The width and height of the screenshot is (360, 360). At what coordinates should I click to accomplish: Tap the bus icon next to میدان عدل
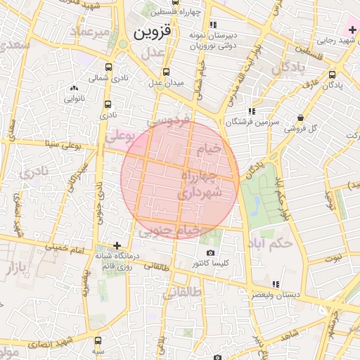[166, 72]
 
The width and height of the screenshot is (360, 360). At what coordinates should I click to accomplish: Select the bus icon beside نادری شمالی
[107, 78]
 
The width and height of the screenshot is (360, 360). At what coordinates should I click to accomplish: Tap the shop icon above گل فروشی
[301, 118]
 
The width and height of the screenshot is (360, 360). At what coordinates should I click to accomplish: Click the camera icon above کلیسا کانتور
[210, 253]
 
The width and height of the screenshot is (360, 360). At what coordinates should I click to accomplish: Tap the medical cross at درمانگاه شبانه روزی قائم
[117, 245]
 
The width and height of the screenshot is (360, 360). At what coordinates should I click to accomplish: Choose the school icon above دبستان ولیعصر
[276, 284]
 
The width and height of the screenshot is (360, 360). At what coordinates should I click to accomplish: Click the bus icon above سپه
[98, 339]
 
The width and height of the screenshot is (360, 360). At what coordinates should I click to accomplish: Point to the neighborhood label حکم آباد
[270, 243]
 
